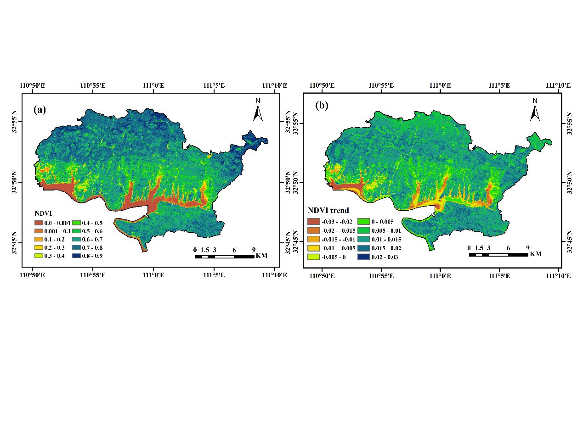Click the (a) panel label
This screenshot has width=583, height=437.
(40, 109)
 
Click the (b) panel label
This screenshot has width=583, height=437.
(322, 105)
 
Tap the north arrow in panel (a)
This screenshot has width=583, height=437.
(258, 110)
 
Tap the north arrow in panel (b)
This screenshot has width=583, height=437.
(535, 110)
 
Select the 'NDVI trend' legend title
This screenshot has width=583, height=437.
(328, 210)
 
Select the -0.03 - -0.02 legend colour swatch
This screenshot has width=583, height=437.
(313, 222)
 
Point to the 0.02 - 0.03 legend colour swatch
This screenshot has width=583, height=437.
(363, 257)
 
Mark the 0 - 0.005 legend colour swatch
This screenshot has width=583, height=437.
(363, 222)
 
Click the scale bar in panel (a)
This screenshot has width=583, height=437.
(224, 256)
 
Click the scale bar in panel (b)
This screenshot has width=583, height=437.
(498, 254)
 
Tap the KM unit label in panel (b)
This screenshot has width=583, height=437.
(535, 254)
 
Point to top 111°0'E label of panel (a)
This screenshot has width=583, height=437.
(153, 85)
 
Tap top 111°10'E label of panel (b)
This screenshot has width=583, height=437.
(559, 85)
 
